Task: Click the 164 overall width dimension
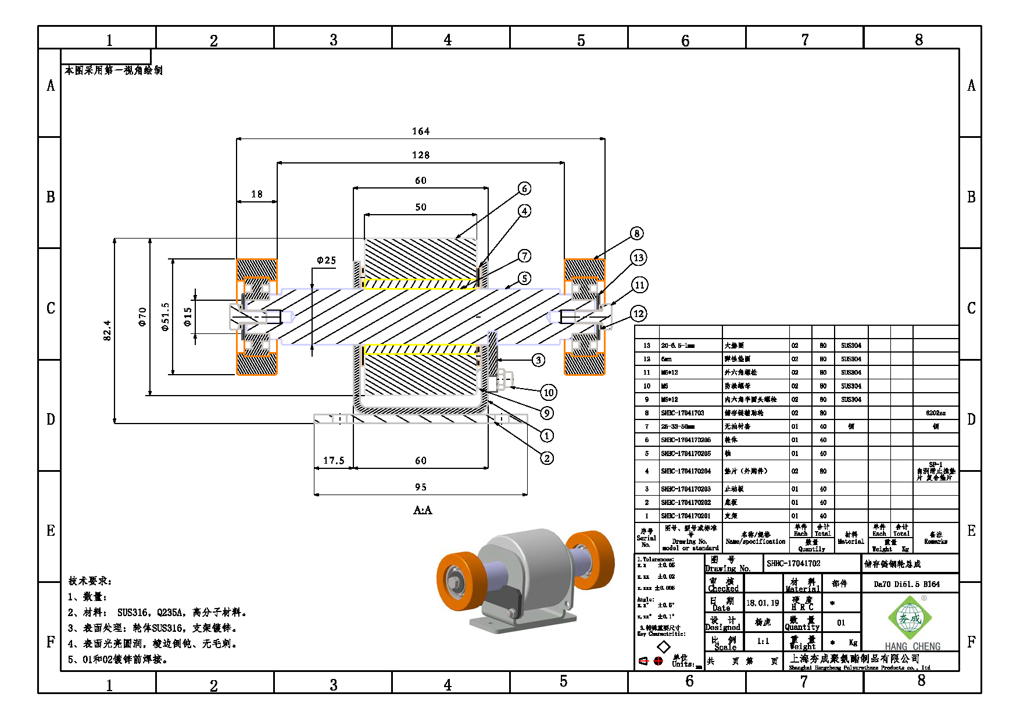click(x=421, y=131)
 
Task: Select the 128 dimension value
click(x=421, y=155)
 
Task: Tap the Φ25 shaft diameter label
click(x=326, y=261)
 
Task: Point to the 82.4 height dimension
click(x=108, y=330)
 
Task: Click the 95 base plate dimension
click(x=421, y=488)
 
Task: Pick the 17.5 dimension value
click(x=334, y=461)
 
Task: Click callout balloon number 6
click(x=524, y=188)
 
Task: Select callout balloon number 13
click(x=638, y=258)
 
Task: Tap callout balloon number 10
click(x=549, y=392)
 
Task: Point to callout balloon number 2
click(x=546, y=458)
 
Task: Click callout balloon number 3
click(x=539, y=360)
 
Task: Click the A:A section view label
click(x=423, y=510)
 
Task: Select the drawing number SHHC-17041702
click(x=793, y=563)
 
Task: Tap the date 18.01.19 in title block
click(x=763, y=603)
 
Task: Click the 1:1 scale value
click(x=763, y=641)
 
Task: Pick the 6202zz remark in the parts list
click(x=935, y=413)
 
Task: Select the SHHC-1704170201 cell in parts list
click(x=685, y=516)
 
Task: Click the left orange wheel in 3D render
click(x=456, y=580)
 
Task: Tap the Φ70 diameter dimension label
click(x=142, y=316)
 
